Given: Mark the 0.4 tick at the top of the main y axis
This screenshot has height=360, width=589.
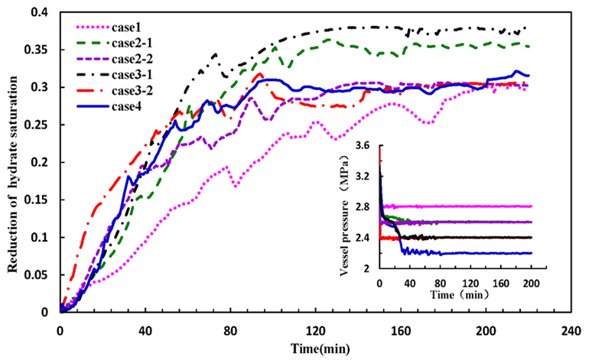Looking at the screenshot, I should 43,13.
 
